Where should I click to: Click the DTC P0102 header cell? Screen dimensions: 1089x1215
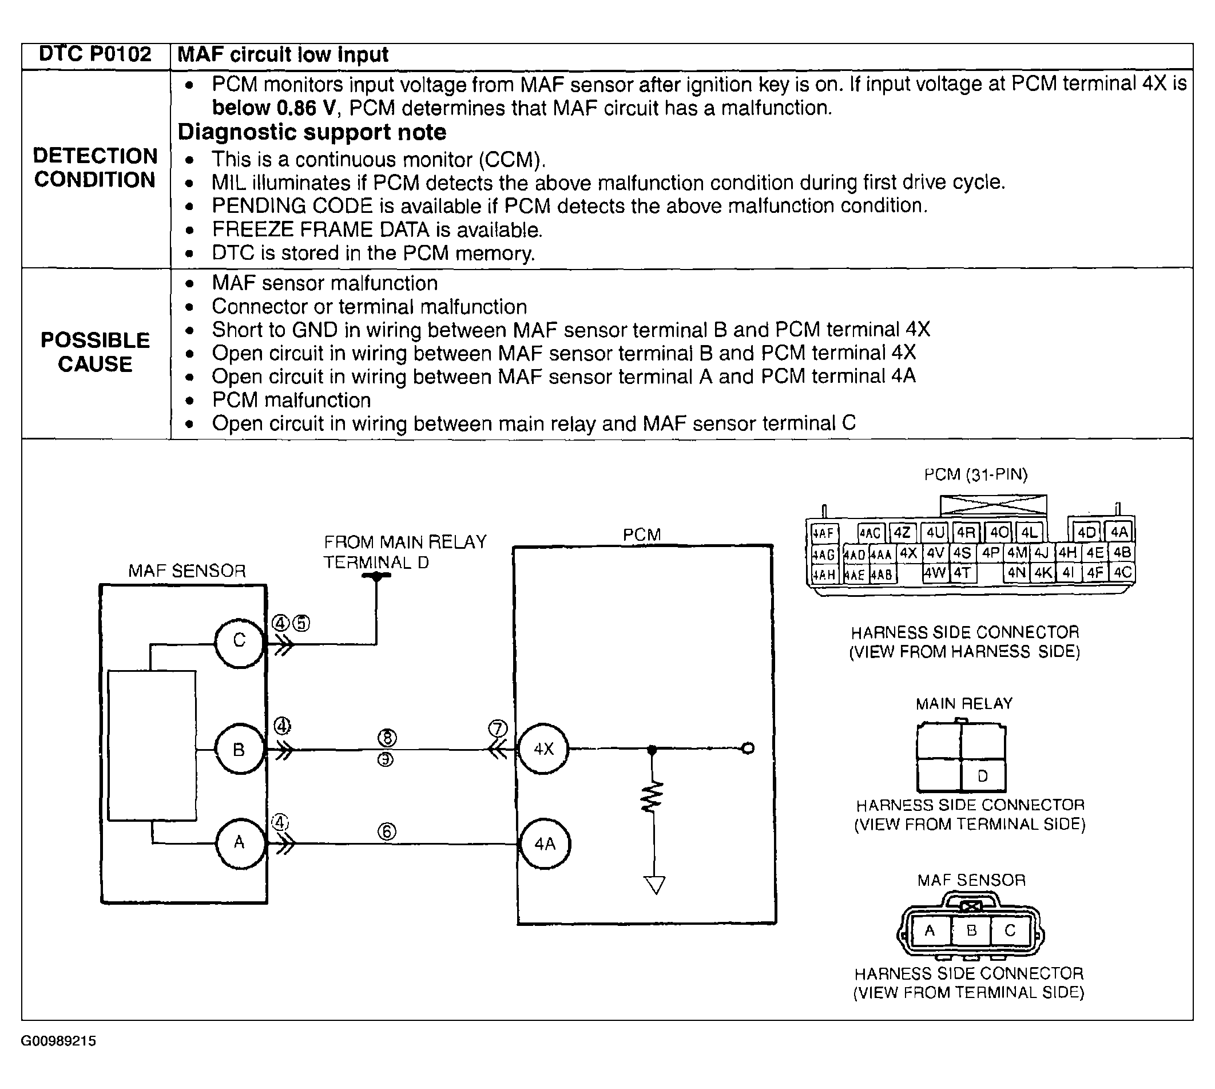(95, 54)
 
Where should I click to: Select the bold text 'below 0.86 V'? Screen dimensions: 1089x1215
(273, 108)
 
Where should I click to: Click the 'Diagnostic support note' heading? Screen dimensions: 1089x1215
(312, 132)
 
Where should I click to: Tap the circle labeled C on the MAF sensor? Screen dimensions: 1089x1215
(239, 641)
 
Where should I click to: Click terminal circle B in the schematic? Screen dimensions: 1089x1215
(239, 749)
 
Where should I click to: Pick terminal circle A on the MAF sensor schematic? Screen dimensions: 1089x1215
(239, 843)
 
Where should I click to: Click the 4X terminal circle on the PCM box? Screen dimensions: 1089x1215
(543, 749)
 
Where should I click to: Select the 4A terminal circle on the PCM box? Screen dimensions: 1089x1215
(545, 844)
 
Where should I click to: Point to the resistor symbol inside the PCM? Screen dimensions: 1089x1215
(653, 797)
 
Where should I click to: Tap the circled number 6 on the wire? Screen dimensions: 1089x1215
(387, 831)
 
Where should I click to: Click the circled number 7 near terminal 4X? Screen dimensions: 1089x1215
(498, 728)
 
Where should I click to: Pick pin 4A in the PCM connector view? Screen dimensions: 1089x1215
(1119, 533)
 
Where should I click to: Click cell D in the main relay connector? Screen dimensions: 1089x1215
(982, 777)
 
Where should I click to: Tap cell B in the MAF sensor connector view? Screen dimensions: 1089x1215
(971, 931)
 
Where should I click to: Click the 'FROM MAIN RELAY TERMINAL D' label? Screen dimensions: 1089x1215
(405, 552)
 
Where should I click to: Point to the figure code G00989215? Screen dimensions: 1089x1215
(58, 1041)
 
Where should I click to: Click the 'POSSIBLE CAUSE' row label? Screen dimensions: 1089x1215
(95, 352)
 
